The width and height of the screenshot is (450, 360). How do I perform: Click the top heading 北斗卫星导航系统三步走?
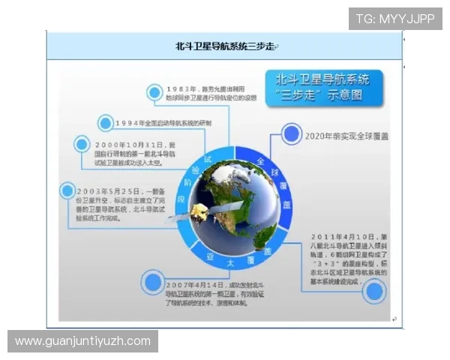[225, 46]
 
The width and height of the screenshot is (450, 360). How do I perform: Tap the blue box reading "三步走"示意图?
[323, 87]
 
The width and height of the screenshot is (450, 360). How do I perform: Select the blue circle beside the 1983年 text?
[155, 93]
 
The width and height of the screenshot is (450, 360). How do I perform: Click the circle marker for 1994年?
[106, 122]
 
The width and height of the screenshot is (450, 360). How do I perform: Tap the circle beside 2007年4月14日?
[153, 282]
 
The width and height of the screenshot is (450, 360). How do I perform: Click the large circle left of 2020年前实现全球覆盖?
[292, 134]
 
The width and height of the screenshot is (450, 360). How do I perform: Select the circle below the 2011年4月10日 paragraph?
[373, 290]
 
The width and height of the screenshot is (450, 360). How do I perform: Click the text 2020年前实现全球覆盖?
[352, 136]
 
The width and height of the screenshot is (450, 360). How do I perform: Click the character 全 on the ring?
[261, 161]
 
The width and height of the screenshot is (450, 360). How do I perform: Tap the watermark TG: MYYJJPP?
[395, 19]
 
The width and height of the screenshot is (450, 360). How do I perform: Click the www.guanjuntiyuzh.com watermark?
[83, 341]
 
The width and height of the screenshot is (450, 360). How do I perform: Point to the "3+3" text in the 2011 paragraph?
[331, 264]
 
